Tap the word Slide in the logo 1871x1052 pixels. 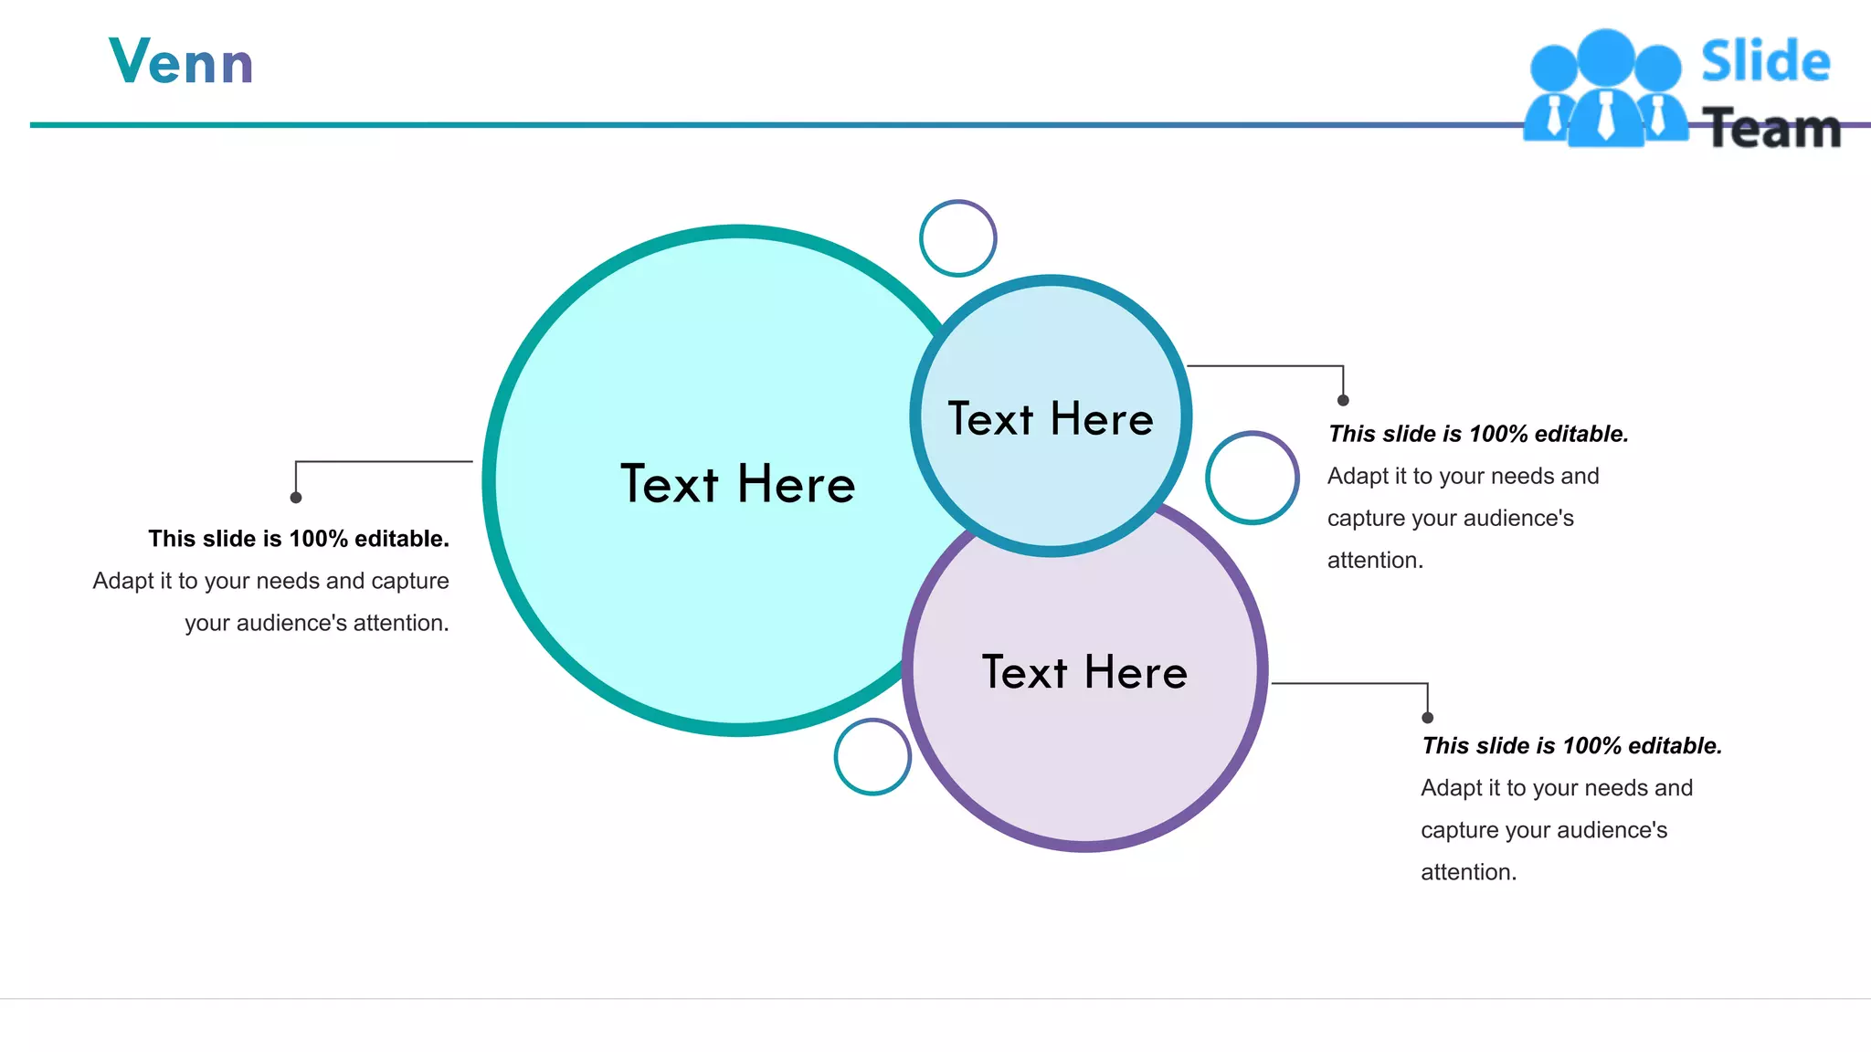point(1765,62)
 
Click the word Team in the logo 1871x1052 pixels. point(1772,129)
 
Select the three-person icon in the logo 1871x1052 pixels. point(1606,89)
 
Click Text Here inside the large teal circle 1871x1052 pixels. point(738,484)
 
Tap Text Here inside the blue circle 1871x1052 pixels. point(1051,419)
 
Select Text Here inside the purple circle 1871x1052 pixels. point(1084,672)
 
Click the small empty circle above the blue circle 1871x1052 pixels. point(957,238)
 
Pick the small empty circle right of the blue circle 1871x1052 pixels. point(1252,478)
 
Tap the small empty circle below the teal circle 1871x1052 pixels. point(872,757)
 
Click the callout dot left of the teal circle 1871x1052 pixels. point(296,498)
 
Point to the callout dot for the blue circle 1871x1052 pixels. point(1343,400)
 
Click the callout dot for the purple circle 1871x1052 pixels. point(1428,718)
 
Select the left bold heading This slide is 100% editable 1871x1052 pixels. point(299,539)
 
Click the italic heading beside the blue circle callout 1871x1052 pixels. point(1478,434)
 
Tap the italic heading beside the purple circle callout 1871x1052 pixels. point(1571,746)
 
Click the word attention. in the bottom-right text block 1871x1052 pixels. point(1468,872)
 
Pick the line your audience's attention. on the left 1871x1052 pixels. point(317,623)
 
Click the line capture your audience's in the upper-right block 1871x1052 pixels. point(1450,518)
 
